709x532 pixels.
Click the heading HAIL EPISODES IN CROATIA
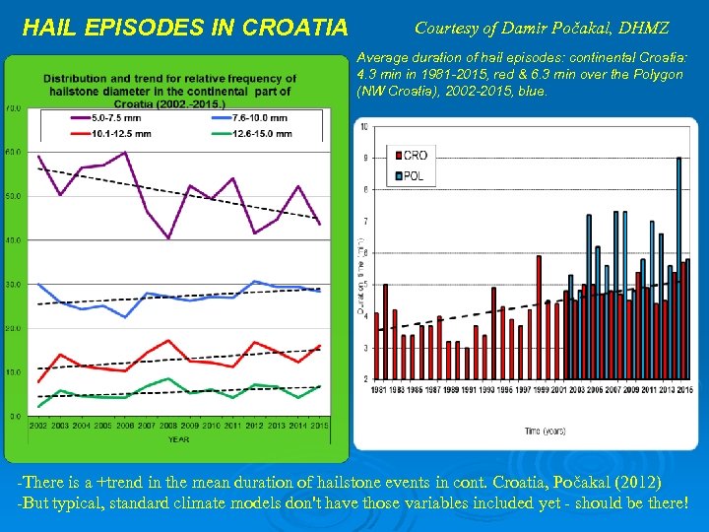pos(184,27)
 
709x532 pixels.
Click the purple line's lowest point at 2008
pos(168,238)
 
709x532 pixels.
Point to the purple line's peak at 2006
pos(125,152)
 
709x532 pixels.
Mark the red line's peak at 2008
pos(168,341)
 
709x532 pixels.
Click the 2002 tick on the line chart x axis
pos(38,426)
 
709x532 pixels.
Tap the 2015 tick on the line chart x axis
pos(319,426)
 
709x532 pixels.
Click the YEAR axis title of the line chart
pos(178,439)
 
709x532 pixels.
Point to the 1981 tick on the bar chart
pos(378,390)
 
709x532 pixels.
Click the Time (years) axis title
pos(546,432)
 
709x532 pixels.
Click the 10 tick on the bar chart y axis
pos(365,127)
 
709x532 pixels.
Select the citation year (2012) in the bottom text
pos(642,482)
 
